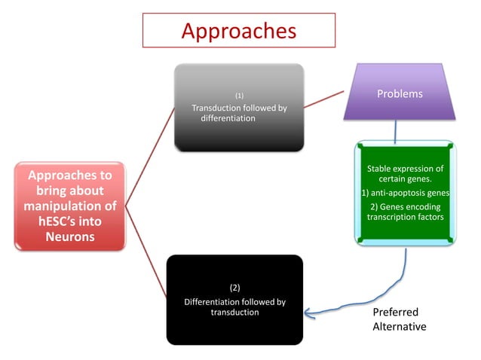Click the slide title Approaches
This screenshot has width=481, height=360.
pyautogui.click(x=238, y=30)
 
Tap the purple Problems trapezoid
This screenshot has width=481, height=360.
pyautogui.click(x=400, y=95)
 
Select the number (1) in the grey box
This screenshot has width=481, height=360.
pyautogui.click(x=239, y=96)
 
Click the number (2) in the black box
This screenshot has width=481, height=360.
pyautogui.click(x=234, y=288)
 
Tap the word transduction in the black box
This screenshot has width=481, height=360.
pyautogui.click(x=234, y=313)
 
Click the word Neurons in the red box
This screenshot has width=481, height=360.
pyautogui.click(x=69, y=238)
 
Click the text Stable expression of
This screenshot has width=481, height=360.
pyautogui.click(x=405, y=168)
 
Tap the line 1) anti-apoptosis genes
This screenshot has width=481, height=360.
pyautogui.click(x=405, y=193)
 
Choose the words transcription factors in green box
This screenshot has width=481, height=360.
pyautogui.click(x=405, y=217)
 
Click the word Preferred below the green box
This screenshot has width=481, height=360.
pyautogui.click(x=395, y=312)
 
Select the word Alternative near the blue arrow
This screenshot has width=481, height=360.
pyautogui.click(x=400, y=326)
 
